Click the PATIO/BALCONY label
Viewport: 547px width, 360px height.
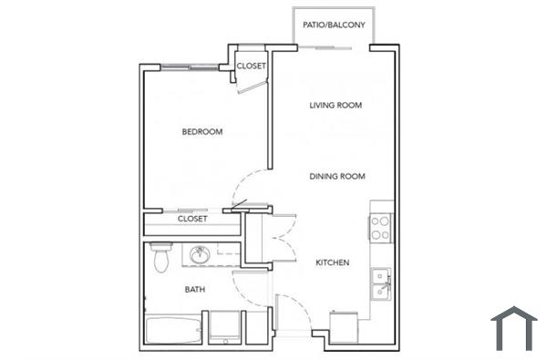(334, 26)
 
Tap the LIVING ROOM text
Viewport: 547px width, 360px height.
(335, 106)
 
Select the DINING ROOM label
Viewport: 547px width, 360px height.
(337, 177)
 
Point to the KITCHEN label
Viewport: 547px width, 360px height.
(333, 262)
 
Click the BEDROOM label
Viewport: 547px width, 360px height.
(202, 132)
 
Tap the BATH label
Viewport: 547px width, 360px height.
(195, 290)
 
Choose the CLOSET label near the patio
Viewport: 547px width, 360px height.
(251, 67)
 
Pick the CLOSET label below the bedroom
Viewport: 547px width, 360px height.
(192, 219)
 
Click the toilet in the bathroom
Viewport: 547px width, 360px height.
(161, 258)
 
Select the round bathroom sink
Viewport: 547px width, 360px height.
(200, 255)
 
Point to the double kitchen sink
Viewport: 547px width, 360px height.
(381, 283)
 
